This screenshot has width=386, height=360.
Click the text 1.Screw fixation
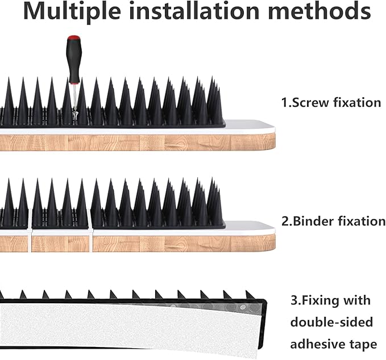click(331, 103)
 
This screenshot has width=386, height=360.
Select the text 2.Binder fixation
click(333, 221)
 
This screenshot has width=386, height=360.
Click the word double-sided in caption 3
click(332, 322)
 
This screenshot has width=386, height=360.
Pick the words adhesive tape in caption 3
click(333, 344)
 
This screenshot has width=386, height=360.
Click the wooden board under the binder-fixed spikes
click(159, 244)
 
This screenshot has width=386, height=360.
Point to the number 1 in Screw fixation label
click(284, 103)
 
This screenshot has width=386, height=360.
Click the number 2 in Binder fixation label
click(284, 221)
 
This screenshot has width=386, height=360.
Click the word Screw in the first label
click(309, 103)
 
